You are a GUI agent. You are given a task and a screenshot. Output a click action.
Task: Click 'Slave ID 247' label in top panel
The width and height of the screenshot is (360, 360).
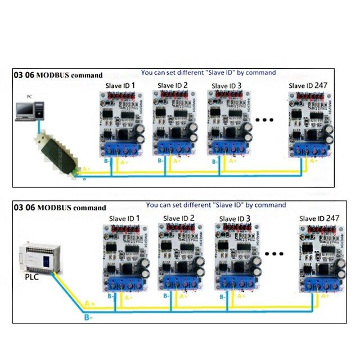point(308,85)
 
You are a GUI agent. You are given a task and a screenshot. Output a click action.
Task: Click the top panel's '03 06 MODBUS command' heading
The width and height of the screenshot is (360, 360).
point(58,74)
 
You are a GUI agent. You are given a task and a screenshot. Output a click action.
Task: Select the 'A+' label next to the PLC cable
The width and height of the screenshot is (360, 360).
point(89,304)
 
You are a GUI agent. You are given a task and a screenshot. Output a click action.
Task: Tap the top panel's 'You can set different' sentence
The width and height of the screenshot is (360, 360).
point(208,73)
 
